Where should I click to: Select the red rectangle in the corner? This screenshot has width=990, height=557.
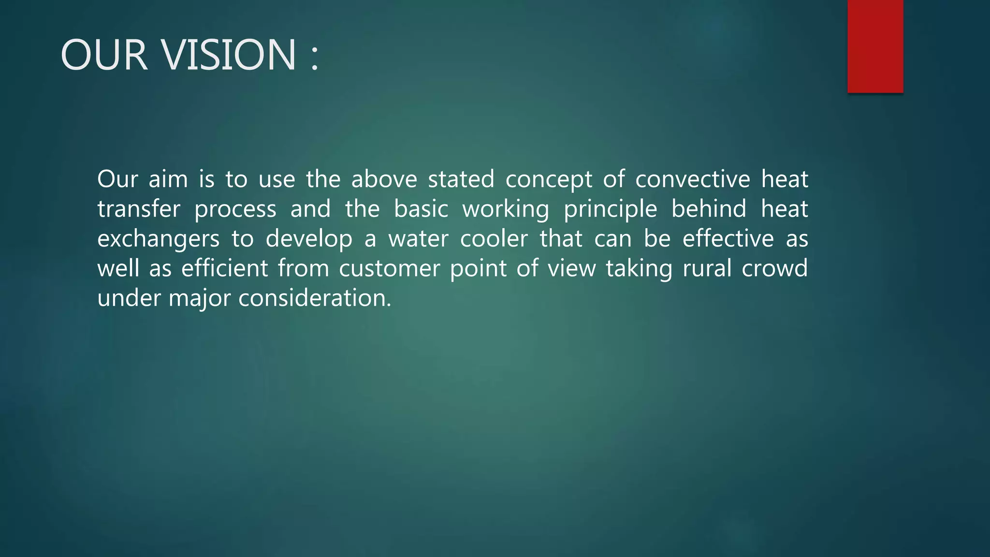pos(875,46)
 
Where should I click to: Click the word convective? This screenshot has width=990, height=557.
pos(692,179)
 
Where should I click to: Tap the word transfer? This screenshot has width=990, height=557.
pos(139,209)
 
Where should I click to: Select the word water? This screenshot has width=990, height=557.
pos(418,239)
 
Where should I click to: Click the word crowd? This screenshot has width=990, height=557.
pos(774,269)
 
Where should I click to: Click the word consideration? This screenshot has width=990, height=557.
pos(315,298)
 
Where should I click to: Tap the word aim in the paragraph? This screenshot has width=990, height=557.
pos(168,179)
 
